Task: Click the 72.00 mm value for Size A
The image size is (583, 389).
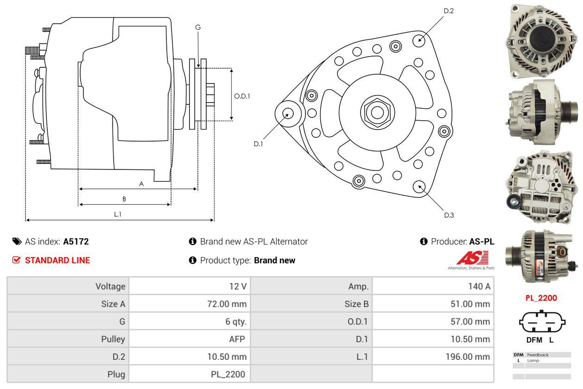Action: point(226,304)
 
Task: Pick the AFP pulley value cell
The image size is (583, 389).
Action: point(236,339)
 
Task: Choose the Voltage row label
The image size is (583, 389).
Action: point(110,286)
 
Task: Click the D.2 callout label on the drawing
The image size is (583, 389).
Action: point(449,11)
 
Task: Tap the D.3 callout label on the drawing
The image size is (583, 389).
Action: point(449,215)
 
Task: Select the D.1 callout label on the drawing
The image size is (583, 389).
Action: point(258,144)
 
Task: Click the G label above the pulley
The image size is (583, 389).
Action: point(198,27)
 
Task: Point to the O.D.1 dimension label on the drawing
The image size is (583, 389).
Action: point(242,96)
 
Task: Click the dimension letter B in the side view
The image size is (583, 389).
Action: point(124,199)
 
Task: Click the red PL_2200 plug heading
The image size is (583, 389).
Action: point(541,298)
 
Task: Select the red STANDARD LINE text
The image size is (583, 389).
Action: point(57,260)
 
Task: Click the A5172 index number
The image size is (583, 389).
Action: point(76,242)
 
